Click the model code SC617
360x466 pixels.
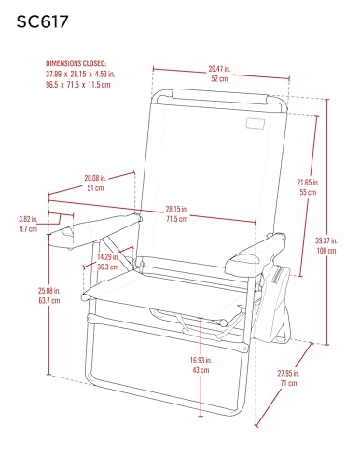pyautogui.click(x=42, y=21)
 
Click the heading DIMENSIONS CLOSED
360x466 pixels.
pyautogui.click(x=76, y=63)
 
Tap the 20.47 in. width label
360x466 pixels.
pyautogui.click(x=219, y=69)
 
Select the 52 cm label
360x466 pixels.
pyautogui.click(x=219, y=78)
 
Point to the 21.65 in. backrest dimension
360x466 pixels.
pyautogui.click(x=308, y=182)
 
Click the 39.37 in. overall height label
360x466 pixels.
pyautogui.click(x=326, y=240)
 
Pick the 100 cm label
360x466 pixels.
pyautogui.click(x=326, y=251)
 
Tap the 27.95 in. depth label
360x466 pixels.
pyautogui.click(x=288, y=373)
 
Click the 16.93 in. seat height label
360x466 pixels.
pyautogui.click(x=201, y=360)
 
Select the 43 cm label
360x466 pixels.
pyautogui.click(x=201, y=370)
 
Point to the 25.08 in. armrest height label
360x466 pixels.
pyautogui.click(x=49, y=291)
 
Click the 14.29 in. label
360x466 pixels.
pyautogui.click(x=108, y=257)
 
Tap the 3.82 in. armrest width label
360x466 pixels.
pyautogui.click(x=28, y=219)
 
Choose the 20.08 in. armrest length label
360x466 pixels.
pyautogui.click(x=95, y=178)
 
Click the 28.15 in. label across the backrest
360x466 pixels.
pyautogui.click(x=176, y=209)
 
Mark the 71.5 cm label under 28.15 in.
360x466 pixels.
pyautogui.click(x=176, y=219)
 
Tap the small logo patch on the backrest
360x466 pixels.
pyautogui.click(x=256, y=123)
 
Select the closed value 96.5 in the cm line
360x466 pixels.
pyautogui.click(x=52, y=85)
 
